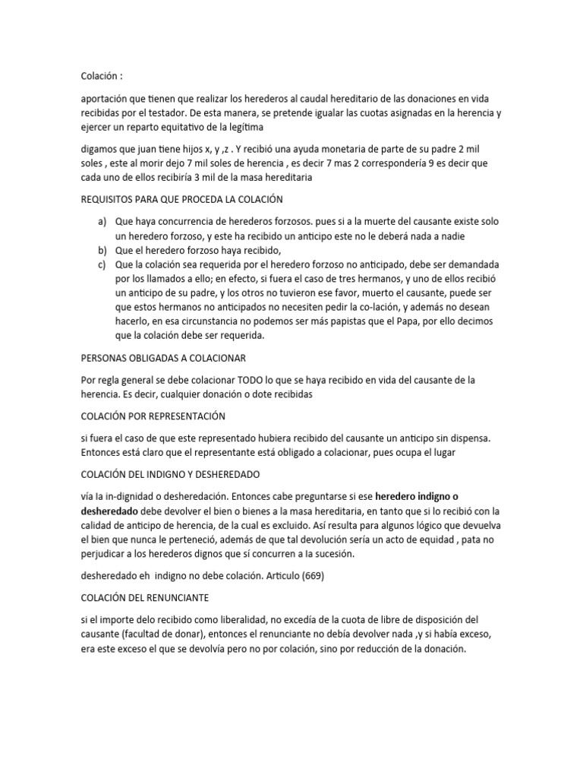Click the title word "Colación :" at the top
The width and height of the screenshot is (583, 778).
click(x=101, y=76)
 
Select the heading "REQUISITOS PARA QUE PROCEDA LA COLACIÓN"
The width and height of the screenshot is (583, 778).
click(x=181, y=200)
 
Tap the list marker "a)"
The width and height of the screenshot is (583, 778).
click(x=102, y=221)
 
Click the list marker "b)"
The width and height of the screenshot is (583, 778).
click(x=102, y=250)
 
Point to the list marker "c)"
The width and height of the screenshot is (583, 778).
click(x=102, y=264)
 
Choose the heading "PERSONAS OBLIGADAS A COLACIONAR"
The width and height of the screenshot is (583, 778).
click(x=163, y=357)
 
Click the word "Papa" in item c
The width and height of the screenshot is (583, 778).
click(x=403, y=322)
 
